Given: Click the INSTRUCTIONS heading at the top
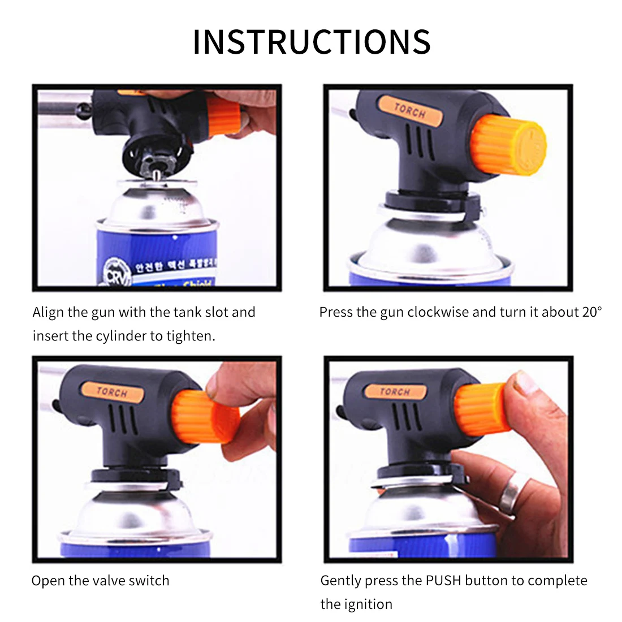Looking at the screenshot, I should click(x=312, y=42).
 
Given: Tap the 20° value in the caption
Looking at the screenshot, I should click(x=591, y=312).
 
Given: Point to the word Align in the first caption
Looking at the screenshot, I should click(x=48, y=312).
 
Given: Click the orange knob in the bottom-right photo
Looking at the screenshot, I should click(x=482, y=408).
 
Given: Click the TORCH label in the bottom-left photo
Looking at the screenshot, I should click(x=112, y=391).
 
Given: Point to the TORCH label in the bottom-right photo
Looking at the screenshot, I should click(x=394, y=391).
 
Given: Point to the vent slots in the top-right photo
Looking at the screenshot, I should click(x=419, y=142).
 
